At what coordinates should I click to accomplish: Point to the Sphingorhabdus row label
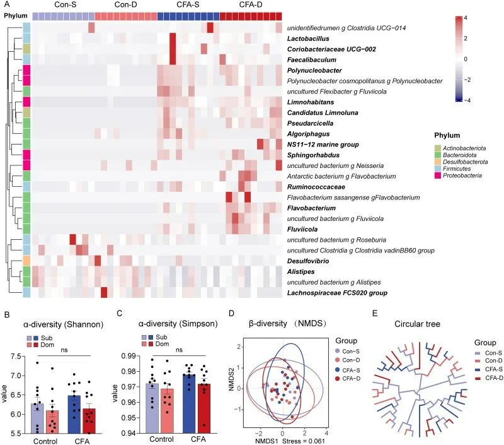(314, 155)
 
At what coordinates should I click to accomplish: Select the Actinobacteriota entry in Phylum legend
(468, 148)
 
